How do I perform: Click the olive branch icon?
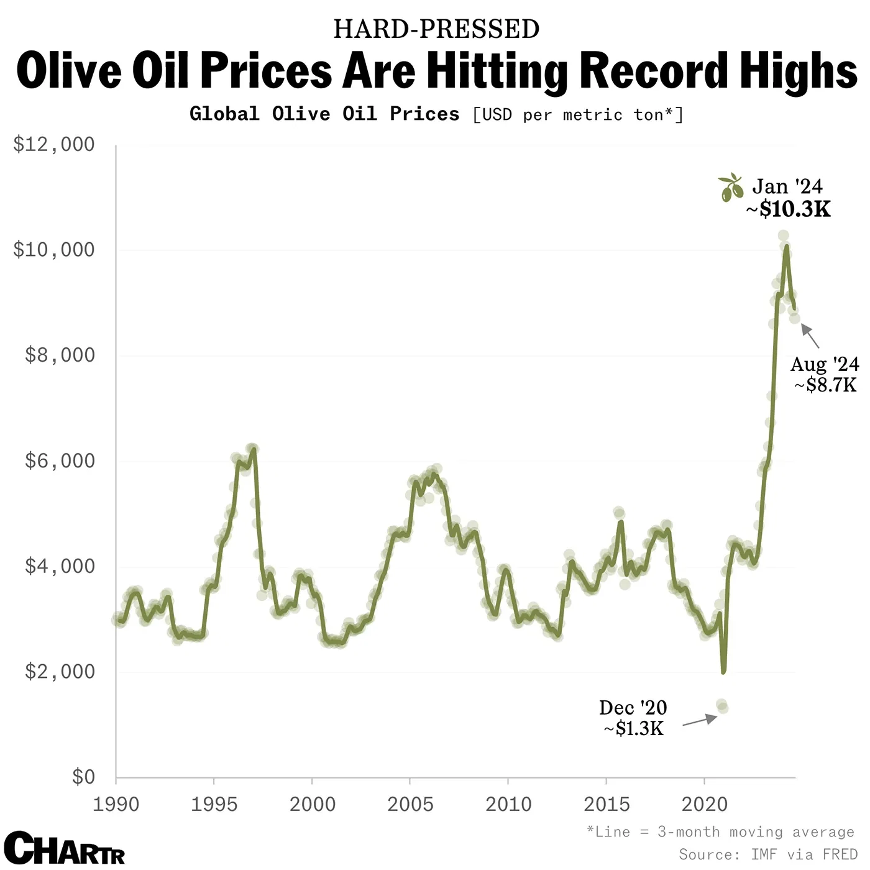point(731,188)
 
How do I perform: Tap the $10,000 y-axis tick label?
point(53,250)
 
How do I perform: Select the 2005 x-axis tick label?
point(410,804)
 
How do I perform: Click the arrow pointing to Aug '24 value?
point(810,336)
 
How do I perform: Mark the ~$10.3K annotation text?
point(788,209)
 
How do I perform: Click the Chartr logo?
point(64,848)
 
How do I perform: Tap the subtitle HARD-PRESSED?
point(436,29)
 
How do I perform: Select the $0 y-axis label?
point(83,777)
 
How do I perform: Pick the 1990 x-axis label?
point(116,804)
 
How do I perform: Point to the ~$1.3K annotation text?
point(633,728)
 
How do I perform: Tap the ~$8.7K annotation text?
point(825,385)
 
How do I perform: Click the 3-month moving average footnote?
point(721,832)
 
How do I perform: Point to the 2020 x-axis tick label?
point(704,804)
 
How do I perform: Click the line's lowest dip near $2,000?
point(723,671)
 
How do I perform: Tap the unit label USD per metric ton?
point(578,115)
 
